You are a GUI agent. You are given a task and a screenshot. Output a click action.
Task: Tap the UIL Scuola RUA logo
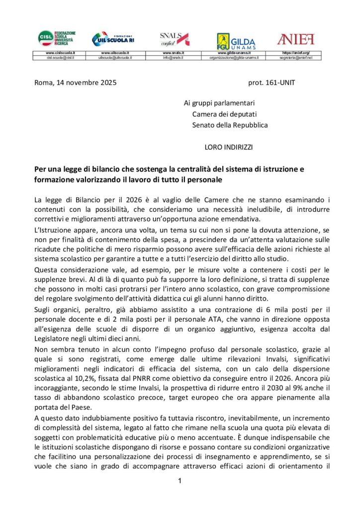(x=113, y=38)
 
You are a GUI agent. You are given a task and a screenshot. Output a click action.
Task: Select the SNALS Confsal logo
(x=174, y=38)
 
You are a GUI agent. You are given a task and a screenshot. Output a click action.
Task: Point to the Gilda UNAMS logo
(x=236, y=40)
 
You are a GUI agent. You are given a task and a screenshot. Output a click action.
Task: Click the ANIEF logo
(x=295, y=38)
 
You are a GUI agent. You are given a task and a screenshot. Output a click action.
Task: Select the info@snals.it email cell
(x=173, y=58)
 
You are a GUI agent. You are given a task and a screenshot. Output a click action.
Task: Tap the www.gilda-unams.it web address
(x=235, y=52)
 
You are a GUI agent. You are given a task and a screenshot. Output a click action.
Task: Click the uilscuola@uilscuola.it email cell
(x=115, y=58)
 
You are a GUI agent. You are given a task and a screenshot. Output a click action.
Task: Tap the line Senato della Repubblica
(x=230, y=125)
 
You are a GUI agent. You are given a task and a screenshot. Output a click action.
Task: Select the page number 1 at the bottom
(x=180, y=481)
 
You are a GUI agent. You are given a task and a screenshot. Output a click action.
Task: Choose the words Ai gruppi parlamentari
(x=219, y=103)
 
